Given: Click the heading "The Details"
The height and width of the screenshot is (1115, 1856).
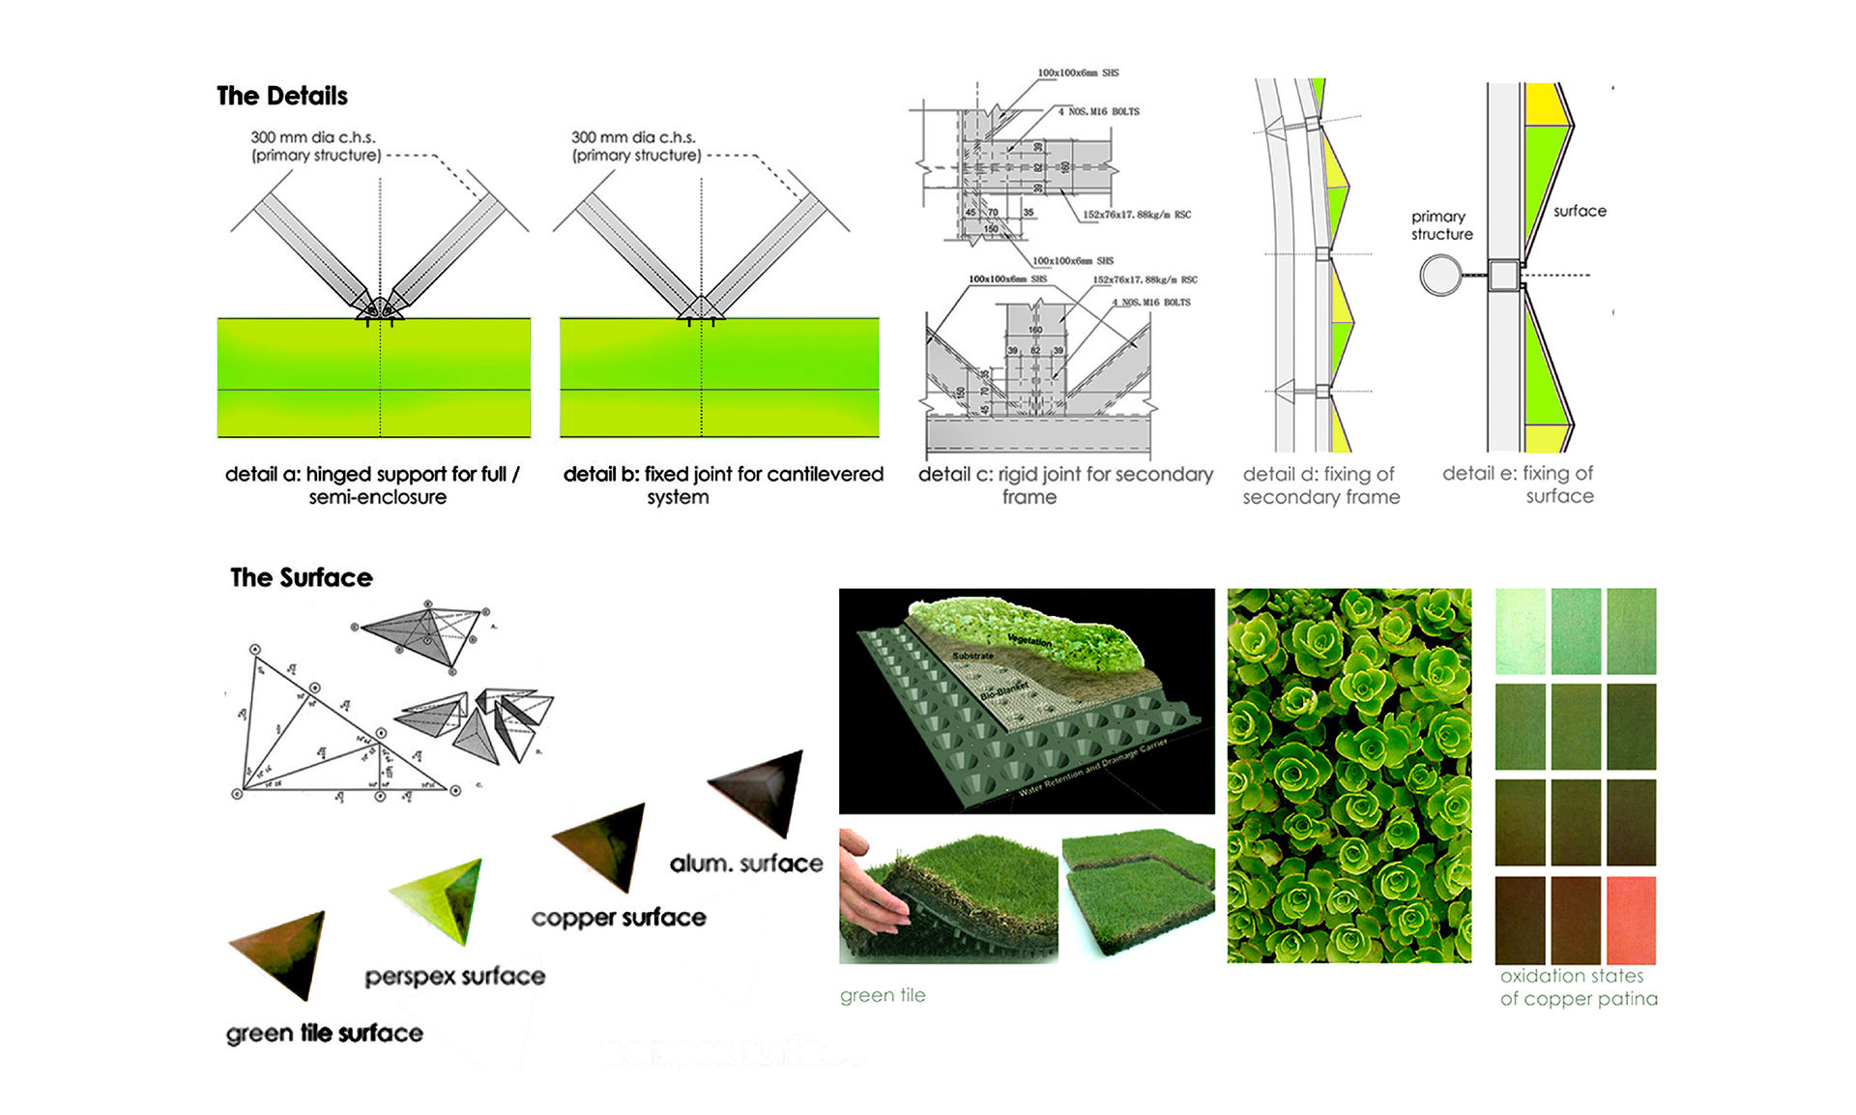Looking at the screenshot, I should pyautogui.click(x=281, y=96).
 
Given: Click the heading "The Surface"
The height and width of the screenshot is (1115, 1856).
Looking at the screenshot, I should pyautogui.click(x=301, y=577).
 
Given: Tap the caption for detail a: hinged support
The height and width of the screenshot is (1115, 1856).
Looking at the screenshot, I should pyautogui.click(x=373, y=485).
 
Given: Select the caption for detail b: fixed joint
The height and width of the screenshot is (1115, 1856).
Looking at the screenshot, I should pyautogui.click(x=722, y=485).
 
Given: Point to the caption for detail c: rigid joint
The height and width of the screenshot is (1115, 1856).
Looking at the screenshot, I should pyautogui.click(x=1064, y=485).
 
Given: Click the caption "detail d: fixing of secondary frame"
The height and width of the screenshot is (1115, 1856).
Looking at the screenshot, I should pyautogui.click(x=1320, y=485).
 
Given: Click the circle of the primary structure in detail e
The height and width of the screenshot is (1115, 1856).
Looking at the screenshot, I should pyautogui.click(x=1440, y=276).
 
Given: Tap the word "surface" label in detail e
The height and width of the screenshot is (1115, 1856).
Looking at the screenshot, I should pyautogui.click(x=1580, y=211).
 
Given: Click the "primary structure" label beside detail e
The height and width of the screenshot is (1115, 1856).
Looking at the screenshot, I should pyautogui.click(x=1441, y=225).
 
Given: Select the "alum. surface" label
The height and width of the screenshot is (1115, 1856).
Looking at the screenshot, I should pyautogui.click(x=746, y=864).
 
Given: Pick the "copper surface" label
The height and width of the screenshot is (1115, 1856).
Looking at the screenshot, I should pyautogui.click(x=619, y=918).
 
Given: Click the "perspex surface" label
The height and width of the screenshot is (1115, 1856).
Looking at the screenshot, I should pyautogui.click(x=454, y=977).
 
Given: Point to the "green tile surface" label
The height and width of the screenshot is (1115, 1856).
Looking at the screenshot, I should pyautogui.click(x=324, y=1034).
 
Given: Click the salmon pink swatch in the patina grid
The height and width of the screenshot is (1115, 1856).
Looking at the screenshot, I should pyautogui.click(x=1631, y=920).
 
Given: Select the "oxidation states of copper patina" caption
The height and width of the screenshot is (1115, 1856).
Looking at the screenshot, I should pyautogui.click(x=1578, y=987).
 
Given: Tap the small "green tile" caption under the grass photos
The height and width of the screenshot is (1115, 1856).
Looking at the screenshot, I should pyautogui.click(x=883, y=995).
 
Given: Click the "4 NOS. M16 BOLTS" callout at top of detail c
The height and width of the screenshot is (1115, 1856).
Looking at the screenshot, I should pyautogui.click(x=1098, y=112).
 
